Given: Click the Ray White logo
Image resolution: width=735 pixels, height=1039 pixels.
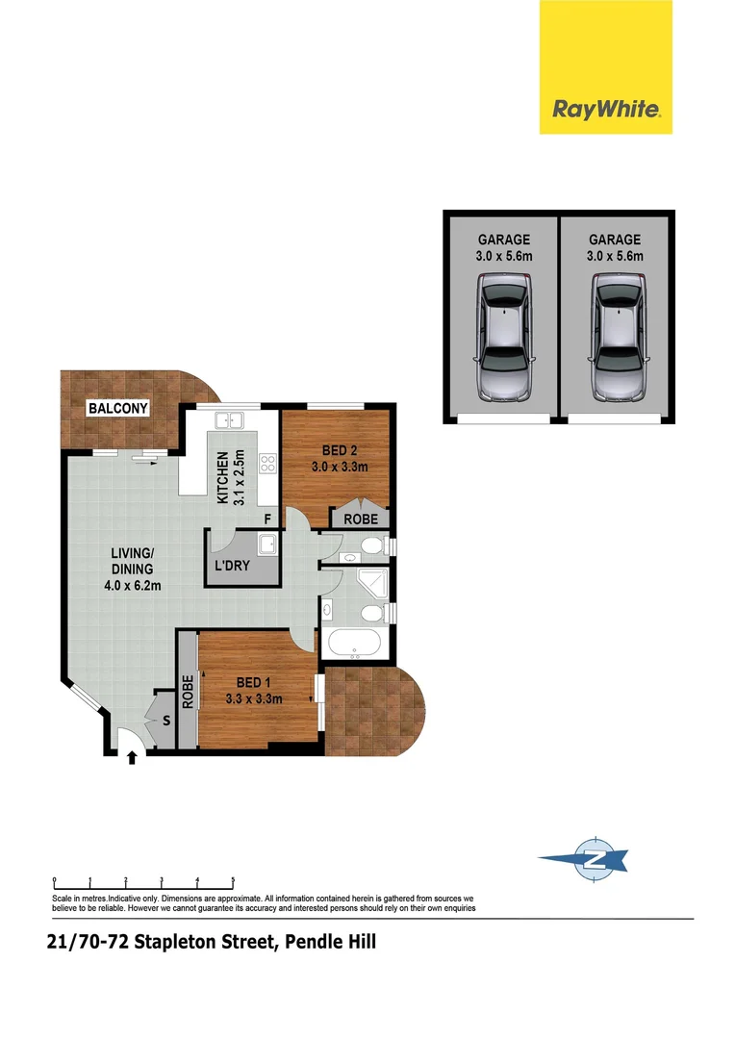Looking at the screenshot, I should click(x=606, y=109).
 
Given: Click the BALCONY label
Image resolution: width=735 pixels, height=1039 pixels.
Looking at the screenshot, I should click(x=118, y=409).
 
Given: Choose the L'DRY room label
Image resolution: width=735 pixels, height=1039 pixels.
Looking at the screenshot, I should click(x=232, y=566).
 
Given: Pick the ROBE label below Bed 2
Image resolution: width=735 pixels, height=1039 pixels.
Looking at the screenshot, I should click(x=361, y=519).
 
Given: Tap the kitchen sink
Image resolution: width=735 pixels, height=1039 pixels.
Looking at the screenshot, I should click(x=231, y=420).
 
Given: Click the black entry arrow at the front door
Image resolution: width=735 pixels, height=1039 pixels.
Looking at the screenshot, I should click(x=131, y=759).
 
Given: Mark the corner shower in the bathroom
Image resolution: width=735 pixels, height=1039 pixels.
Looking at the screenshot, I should click(x=369, y=583).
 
